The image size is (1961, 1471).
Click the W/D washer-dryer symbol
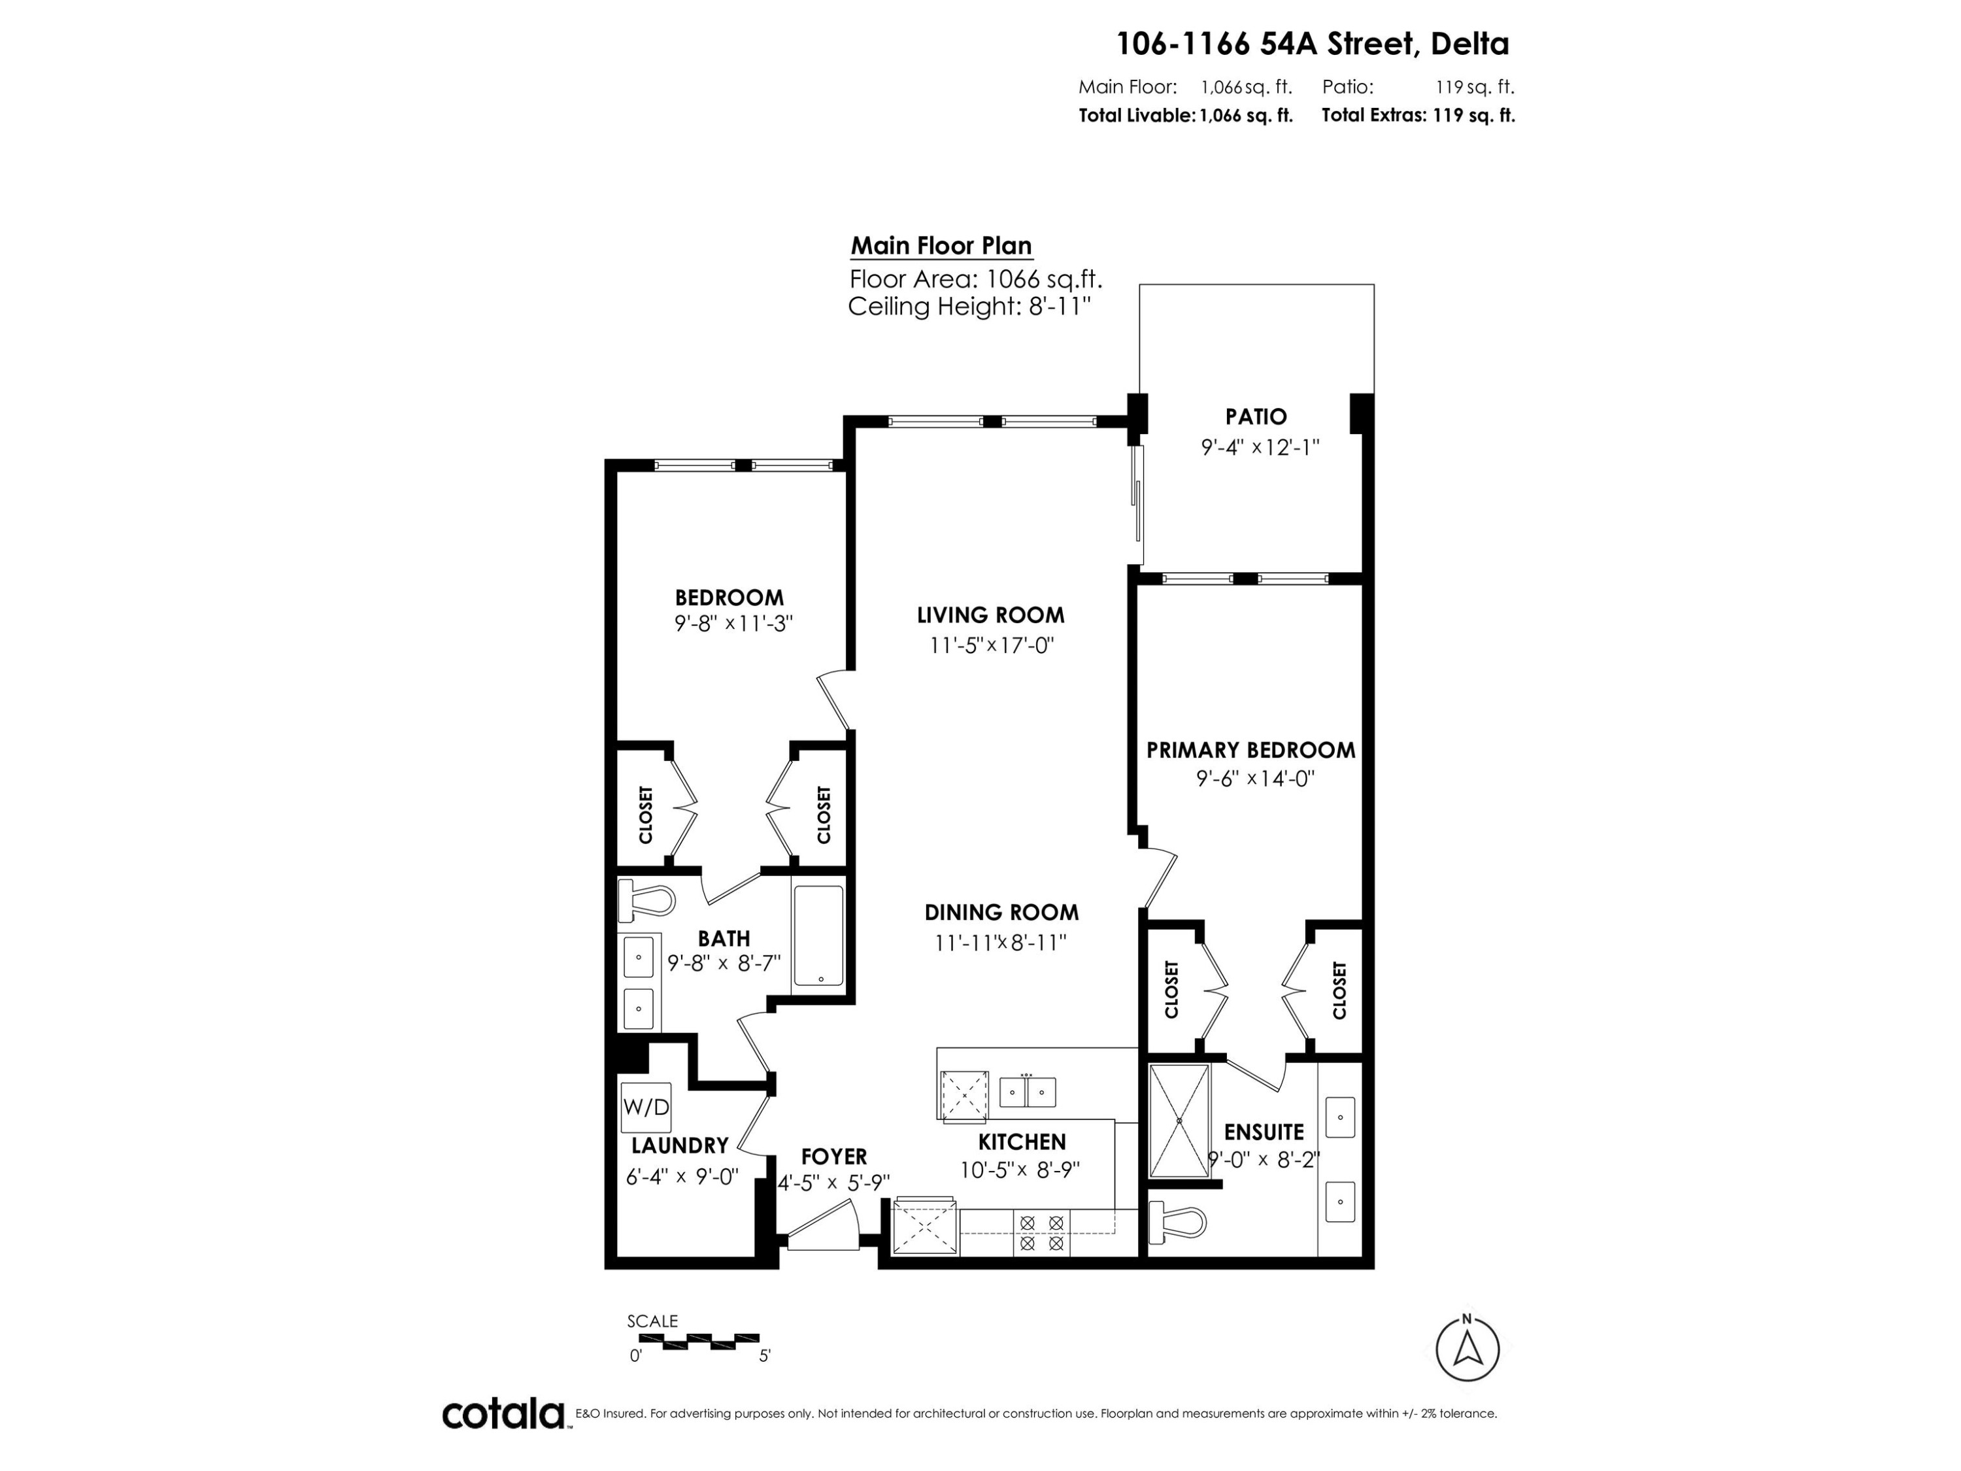[x=646, y=1107]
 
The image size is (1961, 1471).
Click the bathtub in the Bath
[x=818, y=936]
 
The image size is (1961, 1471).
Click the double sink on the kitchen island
[x=1028, y=1092]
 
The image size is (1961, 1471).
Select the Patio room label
[x=1256, y=416]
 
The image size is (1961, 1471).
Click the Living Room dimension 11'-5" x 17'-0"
[x=991, y=645]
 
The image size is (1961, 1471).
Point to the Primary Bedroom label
[x=1251, y=750]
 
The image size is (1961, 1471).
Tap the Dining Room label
[x=1002, y=913]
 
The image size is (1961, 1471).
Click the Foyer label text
[x=834, y=1157]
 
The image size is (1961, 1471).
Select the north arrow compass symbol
[x=1467, y=1349]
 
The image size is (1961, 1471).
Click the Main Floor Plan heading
[x=941, y=246]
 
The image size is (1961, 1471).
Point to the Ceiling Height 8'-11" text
[x=969, y=307]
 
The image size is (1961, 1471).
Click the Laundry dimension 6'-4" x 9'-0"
[x=682, y=1177]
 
